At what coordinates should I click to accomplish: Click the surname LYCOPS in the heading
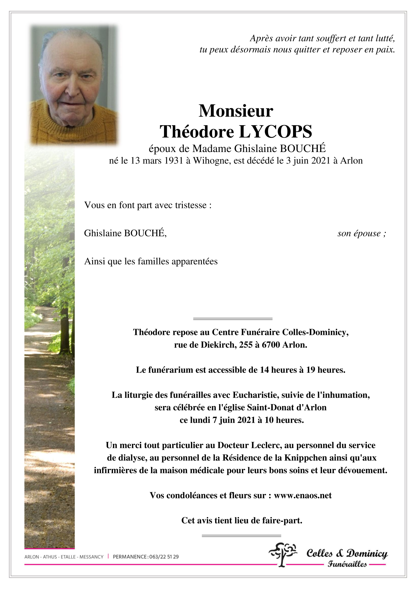(276, 132)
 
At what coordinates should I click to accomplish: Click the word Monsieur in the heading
(236, 111)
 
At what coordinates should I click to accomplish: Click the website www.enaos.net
(303, 495)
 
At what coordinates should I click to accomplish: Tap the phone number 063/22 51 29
(164, 557)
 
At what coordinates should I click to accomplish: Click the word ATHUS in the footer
(50, 557)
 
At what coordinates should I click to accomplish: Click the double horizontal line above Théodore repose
(233, 319)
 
